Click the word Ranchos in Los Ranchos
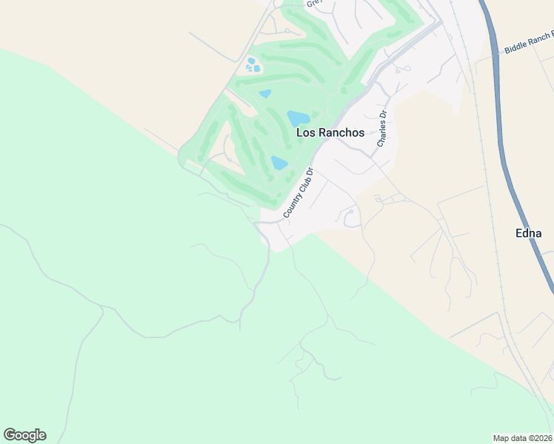340,132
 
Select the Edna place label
528,233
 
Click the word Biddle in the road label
517,47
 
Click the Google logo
24,435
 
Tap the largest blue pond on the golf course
298,118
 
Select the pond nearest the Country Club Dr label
279,163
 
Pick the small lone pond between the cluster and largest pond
264,94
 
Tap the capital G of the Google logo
10,435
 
